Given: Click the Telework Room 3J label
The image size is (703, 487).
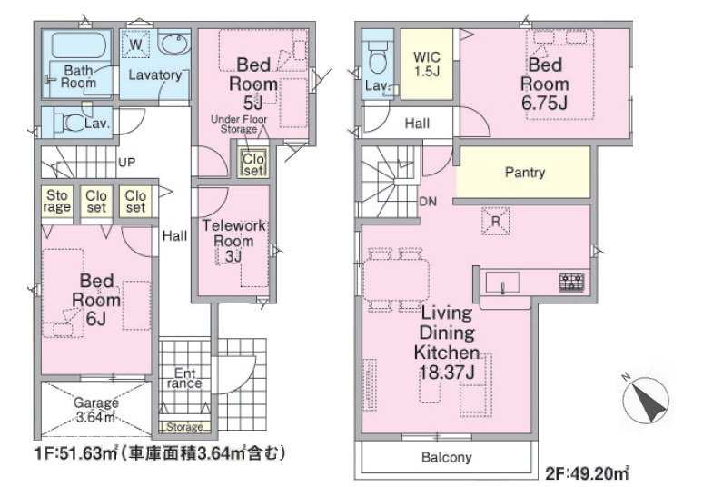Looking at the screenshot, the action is tap(233, 241).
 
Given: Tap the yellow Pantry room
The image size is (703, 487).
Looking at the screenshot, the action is tap(523, 173).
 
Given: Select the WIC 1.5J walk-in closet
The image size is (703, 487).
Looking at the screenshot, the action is tap(426, 65).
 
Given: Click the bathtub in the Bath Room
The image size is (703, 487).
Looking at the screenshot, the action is tap(79, 45).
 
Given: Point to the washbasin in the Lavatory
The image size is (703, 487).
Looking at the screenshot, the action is tap(174, 44).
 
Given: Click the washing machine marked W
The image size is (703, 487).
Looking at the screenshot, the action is tap(136, 45).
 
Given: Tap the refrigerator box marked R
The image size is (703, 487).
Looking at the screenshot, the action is tap(495, 221).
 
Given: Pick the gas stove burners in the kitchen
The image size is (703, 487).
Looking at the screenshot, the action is tap(571, 283).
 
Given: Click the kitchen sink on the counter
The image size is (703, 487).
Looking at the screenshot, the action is tap(503, 283).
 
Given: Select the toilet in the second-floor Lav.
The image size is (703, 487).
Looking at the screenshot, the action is tap(377, 55).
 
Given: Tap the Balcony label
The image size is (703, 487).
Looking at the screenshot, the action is tap(447, 457).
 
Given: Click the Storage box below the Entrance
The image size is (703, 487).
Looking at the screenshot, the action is tap(184, 427).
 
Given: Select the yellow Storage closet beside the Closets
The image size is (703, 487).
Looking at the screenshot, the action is tap(57, 202).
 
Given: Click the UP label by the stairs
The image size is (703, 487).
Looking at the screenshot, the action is tap(127, 162).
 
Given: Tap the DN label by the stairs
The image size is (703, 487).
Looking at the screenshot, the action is tap(428, 202).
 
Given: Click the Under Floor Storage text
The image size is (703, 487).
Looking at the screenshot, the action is tap(239, 124).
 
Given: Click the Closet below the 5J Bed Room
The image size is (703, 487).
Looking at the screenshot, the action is tap(253, 164).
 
